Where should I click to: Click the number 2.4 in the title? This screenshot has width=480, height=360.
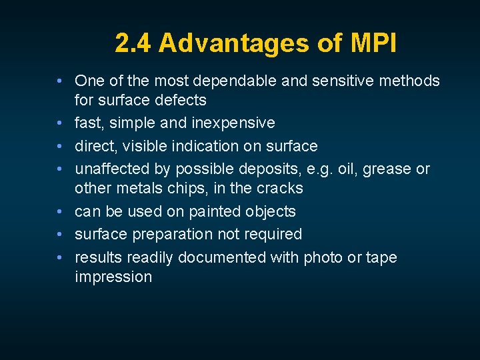(x=133, y=43)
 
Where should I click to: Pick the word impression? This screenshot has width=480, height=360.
(x=113, y=277)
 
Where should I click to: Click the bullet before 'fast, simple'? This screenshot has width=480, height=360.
(x=60, y=123)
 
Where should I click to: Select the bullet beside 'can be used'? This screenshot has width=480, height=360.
(x=60, y=212)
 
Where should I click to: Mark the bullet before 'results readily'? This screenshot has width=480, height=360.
(x=60, y=257)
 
